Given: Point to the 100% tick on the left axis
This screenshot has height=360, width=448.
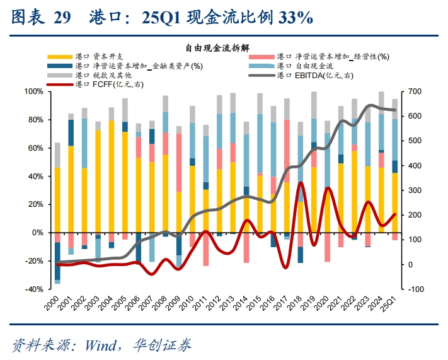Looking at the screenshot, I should (33, 92).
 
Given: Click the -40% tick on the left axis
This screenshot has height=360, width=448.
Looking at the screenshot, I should (33, 289).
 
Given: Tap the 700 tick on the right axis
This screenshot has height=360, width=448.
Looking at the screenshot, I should (415, 92).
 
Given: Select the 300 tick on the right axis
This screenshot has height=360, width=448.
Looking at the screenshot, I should (415, 190).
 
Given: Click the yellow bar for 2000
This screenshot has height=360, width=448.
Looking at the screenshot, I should (57, 199).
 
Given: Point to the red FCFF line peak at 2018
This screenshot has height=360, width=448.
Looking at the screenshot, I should (301, 183).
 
